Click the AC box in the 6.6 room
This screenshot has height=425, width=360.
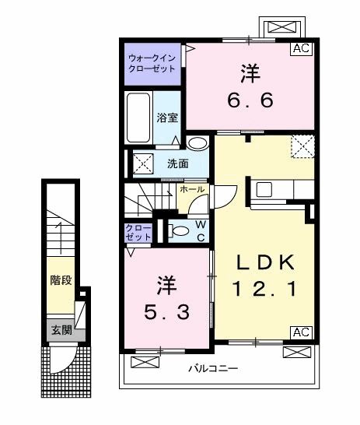coord(301,49)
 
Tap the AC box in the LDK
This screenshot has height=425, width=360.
coord(301,332)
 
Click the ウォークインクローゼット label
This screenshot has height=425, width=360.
coord(152,63)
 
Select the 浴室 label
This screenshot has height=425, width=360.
coord(167,118)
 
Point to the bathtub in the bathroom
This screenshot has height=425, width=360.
coord(138,118)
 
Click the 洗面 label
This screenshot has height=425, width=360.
coord(178,163)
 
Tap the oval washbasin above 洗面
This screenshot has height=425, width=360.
coord(197,143)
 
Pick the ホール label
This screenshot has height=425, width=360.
coord(192,189)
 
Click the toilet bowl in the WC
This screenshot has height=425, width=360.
coord(179,231)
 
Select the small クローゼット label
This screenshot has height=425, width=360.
coord(138,232)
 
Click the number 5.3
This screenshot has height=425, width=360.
coord(166,312)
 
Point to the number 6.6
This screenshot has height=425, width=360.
coord(250,100)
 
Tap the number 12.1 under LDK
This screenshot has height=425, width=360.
coord(265,288)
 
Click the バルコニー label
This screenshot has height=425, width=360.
coord(213,369)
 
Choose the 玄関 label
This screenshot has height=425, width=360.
coord(62,330)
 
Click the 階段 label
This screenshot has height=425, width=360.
coord(61,280)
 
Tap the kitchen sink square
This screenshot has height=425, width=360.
coord(264,189)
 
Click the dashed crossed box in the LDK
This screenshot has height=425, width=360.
coord(302,146)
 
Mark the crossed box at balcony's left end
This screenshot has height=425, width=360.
coord(145,362)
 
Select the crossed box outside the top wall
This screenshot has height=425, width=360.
coord(282,27)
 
